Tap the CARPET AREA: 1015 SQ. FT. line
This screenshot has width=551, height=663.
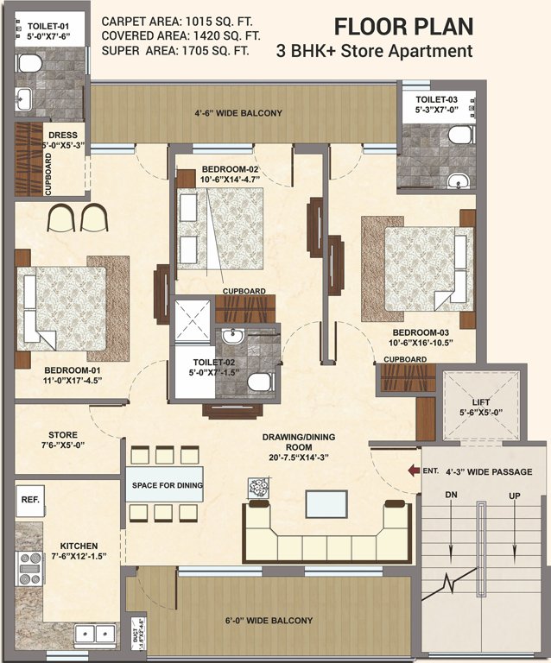click(x=177, y=20)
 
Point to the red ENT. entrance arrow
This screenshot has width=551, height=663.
click(x=410, y=471)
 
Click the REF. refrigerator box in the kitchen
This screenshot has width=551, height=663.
click(x=29, y=500)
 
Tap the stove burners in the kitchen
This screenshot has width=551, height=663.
click(x=31, y=568)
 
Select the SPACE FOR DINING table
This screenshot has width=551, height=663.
click(x=167, y=485)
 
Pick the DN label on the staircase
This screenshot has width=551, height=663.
click(x=451, y=495)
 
